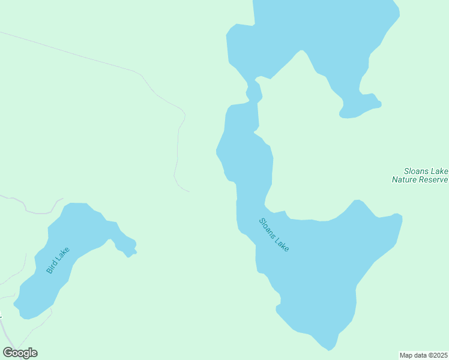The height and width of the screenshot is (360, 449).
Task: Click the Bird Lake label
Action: [58, 261]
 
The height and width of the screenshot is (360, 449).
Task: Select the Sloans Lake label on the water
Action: [274, 235]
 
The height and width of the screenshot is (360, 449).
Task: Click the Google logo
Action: [20, 353]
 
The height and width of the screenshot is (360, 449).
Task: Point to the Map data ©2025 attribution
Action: [424, 355]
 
